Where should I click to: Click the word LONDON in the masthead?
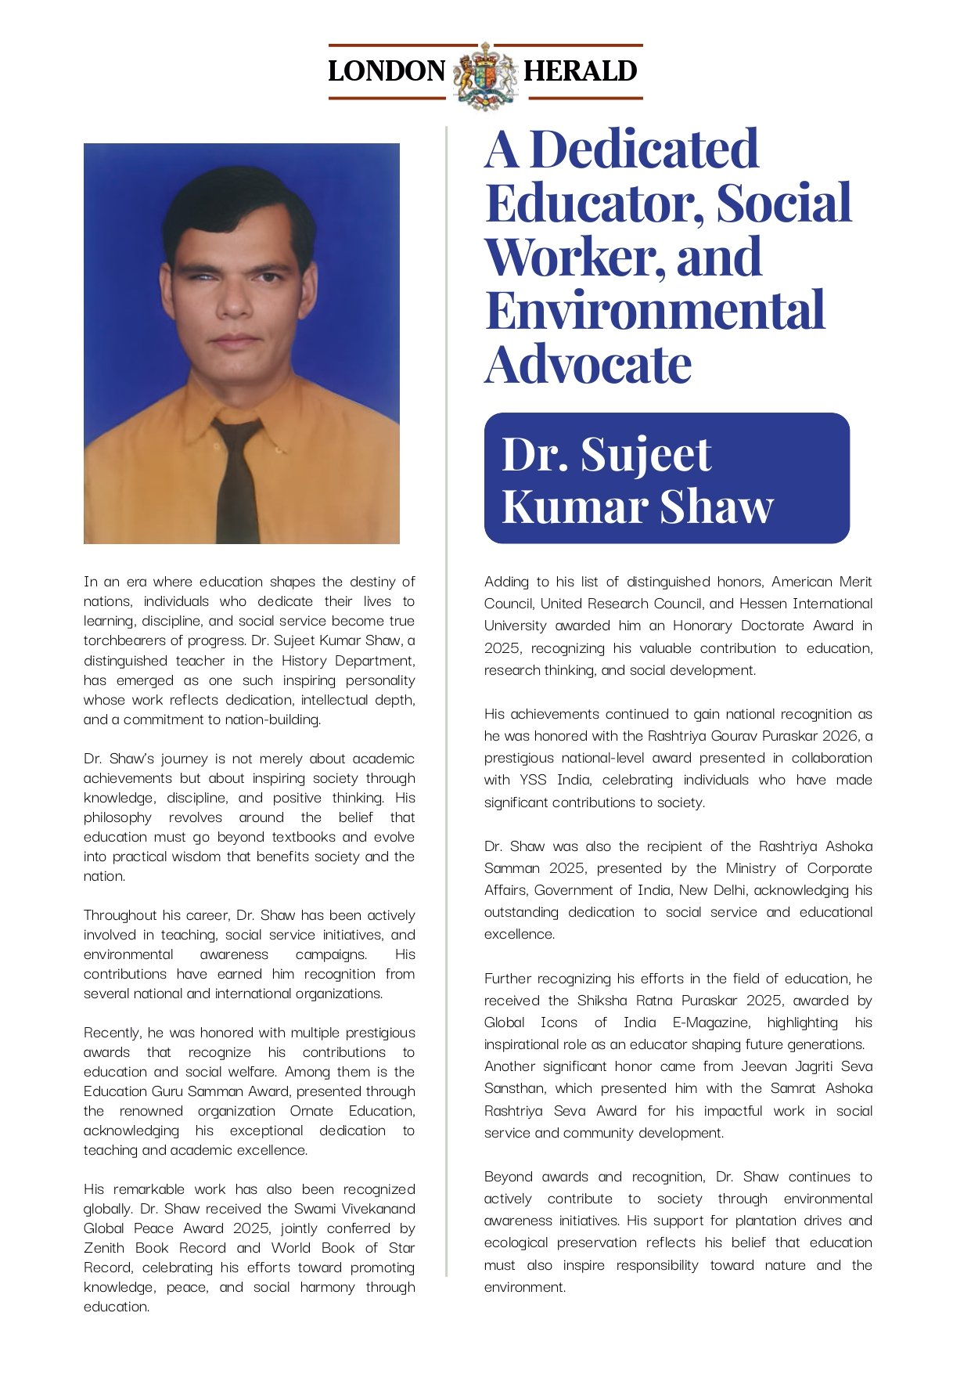pos(387,71)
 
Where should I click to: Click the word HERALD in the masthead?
pos(581,71)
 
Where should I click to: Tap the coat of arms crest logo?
pos(485,74)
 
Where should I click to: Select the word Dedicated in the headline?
pos(644,149)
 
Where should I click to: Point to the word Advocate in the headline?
pos(588,365)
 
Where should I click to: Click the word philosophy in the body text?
pos(117,817)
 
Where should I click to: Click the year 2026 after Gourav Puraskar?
pos(837,736)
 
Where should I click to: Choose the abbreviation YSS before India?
pos(534,780)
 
